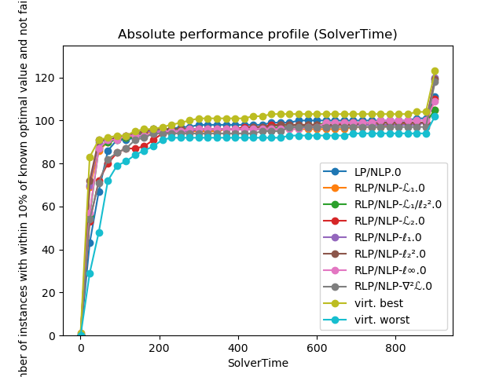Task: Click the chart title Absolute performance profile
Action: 258,35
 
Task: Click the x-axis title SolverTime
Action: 258,363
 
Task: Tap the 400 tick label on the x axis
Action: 317,347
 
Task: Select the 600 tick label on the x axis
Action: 474,347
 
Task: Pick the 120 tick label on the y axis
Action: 47,78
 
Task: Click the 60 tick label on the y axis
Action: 50,207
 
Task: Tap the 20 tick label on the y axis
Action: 50,292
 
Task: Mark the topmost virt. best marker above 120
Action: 435,71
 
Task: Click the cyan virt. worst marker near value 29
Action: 90,273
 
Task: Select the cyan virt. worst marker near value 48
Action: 99,232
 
